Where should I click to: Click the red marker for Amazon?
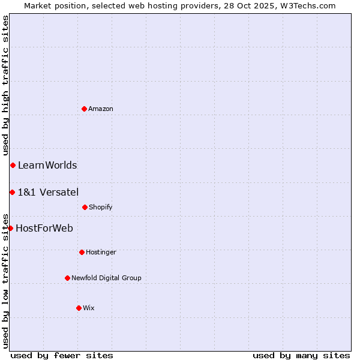coord(84,109)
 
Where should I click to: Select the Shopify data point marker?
coord(85,207)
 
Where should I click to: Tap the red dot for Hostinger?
coord(82,252)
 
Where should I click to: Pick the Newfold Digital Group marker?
coord(67,278)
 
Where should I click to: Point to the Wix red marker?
coord(79,308)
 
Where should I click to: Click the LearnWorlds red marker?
coord(13,165)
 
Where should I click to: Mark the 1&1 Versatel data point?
coord(12,192)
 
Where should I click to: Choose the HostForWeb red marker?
coord(10,228)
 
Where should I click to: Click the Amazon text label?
coord(101,109)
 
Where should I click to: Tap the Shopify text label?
coord(101,208)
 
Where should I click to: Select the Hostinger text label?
coord(101,253)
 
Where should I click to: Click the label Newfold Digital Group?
coord(106,278)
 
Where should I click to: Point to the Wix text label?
coord(89,308)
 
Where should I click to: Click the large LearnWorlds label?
coord(47,166)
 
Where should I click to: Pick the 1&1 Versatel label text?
coord(48,193)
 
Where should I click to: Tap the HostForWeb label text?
coord(44,229)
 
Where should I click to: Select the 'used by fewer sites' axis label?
coord(62,355)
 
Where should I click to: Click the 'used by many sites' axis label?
coord(301,355)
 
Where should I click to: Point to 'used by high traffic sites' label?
coord(5,85)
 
